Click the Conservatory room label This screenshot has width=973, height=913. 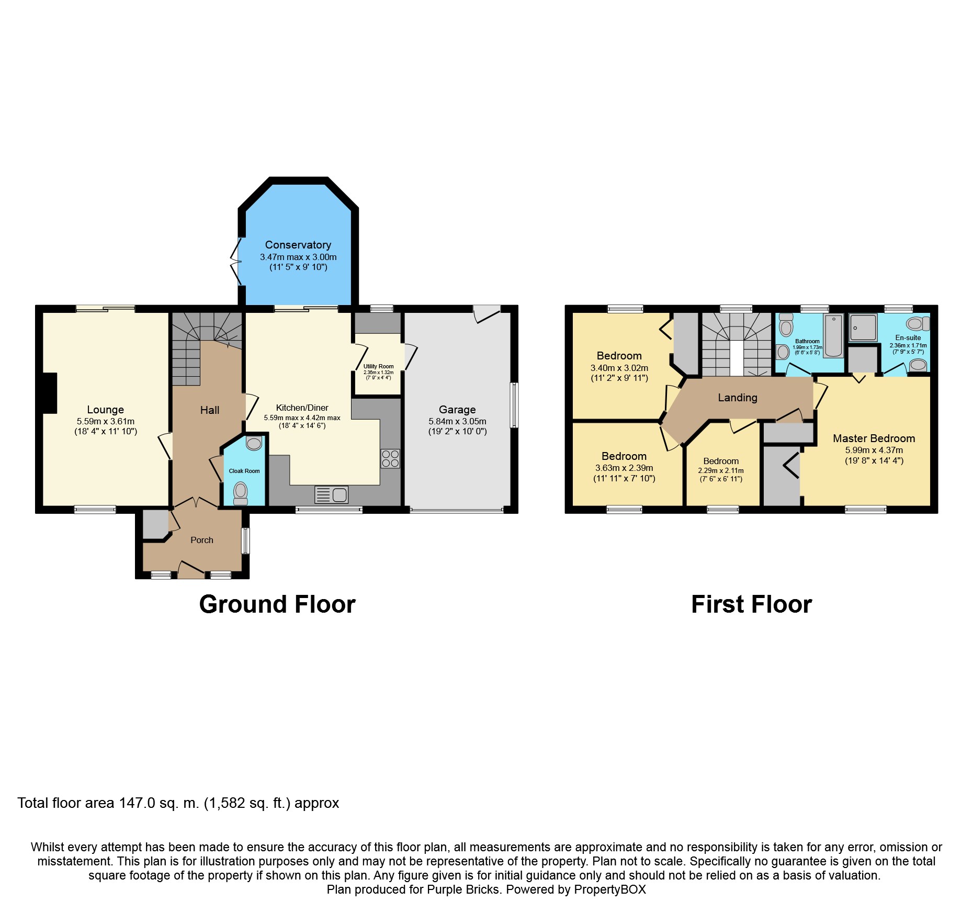tap(298, 245)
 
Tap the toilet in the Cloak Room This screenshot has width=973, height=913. tap(240, 492)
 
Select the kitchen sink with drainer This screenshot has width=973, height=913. tap(332, 494)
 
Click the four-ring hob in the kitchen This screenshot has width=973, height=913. tap(390, 459)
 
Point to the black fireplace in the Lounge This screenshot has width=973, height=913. tap(49, 393)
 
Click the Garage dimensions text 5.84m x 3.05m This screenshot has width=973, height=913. tap(457, 421)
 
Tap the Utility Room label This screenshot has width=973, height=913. tap(378, 366)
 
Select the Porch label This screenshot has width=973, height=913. tap(202, 540)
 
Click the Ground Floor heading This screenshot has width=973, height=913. tap(277, 604)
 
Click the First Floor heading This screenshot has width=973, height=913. tap(751, 604)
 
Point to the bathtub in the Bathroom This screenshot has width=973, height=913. tap(833, 335)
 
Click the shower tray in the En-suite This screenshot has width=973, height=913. tap(863, 328)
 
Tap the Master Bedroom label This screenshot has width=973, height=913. tap(874, 438)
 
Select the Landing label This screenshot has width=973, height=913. tap(737, 398)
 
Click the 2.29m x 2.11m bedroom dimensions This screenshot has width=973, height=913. tap(720, 470)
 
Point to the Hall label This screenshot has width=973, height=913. tap(209, 410)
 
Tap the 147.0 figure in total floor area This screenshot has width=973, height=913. tap(137, 803)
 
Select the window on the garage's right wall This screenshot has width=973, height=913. tap(514, 405)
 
